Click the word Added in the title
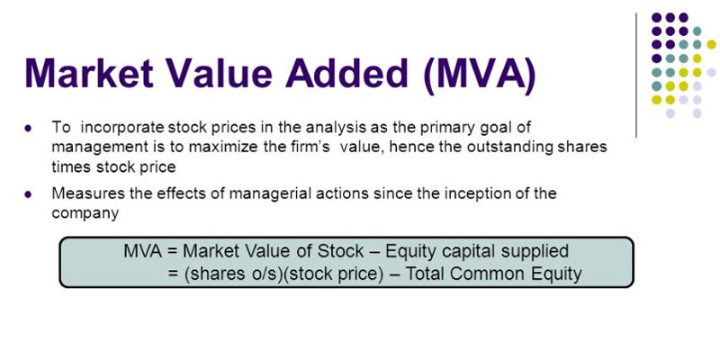pyautogui.click(x=346, y=73)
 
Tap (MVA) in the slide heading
pyautogui.click(x=481, y=75)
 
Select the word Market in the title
pyautogui.click(x=89, y=73)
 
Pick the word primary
pyautogui.click(x=436, y=129)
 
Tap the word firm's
pyautogui.click(x=310, y=147)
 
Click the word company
pyautogui.click(x=85, y=214)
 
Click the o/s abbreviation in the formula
pyautogui.click(x=265, y=274)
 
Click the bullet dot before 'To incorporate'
pyautogui.click(x=29, y=129)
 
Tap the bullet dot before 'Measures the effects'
pyautogui.click(x=29, y=194)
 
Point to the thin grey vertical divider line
pyautogui.click(x=636, y=76)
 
